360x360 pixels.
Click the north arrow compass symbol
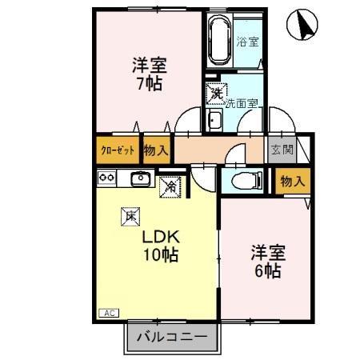click(x=304, y=25)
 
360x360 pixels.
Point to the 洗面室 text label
click(x=241, y=102)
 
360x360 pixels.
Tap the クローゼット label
click(x=117, y=150)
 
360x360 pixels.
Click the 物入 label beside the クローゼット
click(x=156, y=150)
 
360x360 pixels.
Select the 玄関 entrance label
click(x=281, y=150)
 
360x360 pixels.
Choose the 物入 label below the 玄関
click(x=292, y=181)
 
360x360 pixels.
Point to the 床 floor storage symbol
click(x=129, y=214)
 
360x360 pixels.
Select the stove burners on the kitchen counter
click(x=107, y=178)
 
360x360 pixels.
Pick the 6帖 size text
click(x=266, y=270)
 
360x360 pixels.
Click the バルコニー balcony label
click(x=170, y=337)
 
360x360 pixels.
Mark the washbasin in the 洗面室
click(x=214, y=121)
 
